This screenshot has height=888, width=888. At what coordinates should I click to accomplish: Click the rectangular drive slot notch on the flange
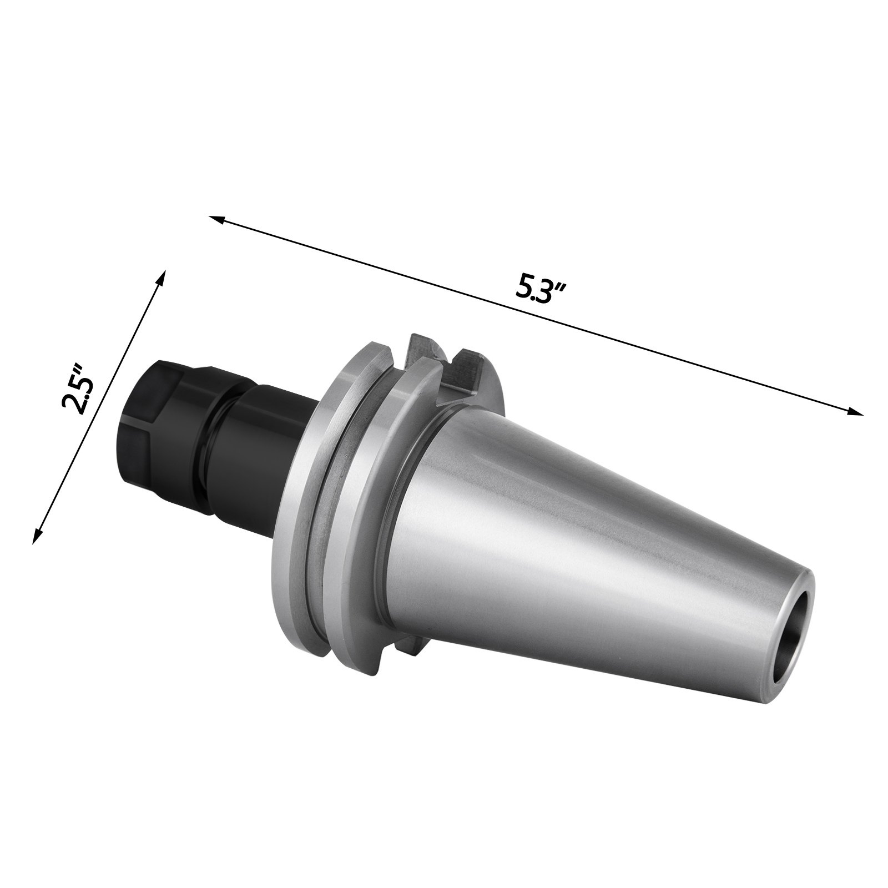(462, 364)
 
